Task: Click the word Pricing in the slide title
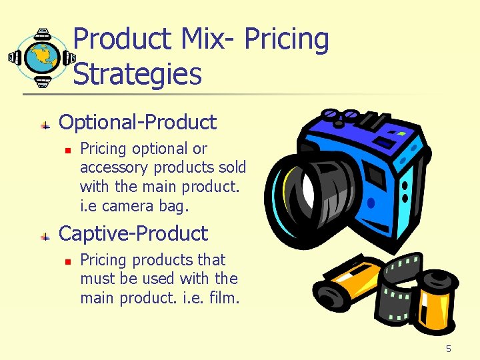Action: pyautogui.click(x=287, y=40)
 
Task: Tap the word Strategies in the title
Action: pyautogui.click(x=137, y=73)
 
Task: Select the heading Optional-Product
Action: pyautogui.click(x=137, y=122)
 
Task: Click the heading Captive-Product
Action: pyautogui.click(x=133, y=233)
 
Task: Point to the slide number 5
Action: pyautogui.click(x=449, y=349)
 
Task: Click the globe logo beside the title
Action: pyautogui.click(x=42, y=58)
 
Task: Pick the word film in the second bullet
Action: pyautogui.click(x=223, y=297)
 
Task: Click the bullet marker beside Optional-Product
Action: pyautogui.click(x=45, y=124)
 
